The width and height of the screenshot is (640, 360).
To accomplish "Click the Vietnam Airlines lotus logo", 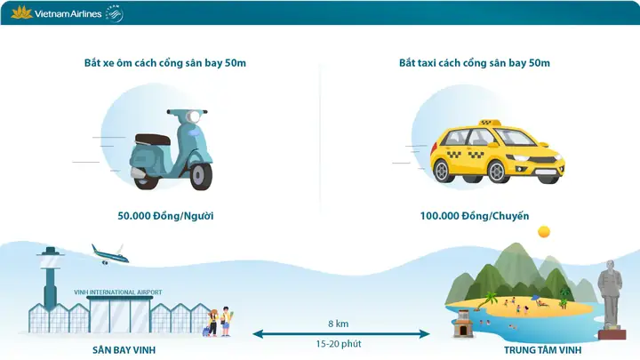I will pyautogui.click(x=20, y=12).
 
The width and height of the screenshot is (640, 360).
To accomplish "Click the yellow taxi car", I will pyautogui.click(x=496, y=156).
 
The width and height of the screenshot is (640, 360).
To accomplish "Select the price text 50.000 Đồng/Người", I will pyautogui.click(x=165, y=216).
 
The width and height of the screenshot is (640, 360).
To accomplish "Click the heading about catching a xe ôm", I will pyautogui.click(x=165, y=63).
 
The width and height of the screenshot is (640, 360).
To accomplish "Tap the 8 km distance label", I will pyautogui.click(x=338, y=324).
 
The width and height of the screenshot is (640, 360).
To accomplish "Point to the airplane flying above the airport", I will pyautogui.click(x=109, y=254).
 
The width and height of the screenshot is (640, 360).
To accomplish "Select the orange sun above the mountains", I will pyautogui.click(x=543, y=232).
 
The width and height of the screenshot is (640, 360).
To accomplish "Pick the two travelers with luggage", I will pyautogui.click(x=220, y=321).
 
